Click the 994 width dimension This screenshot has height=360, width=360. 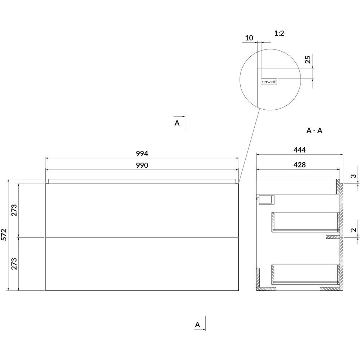tap(142, 154)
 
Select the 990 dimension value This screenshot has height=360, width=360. tap(142, 165)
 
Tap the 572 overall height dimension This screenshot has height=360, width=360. tap(4, 234)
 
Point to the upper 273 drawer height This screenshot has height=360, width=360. tap(14, 210)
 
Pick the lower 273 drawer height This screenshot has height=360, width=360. tap(14, 264)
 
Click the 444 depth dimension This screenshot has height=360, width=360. tap(300, 150)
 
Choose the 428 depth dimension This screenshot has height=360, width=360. tap(300, 164)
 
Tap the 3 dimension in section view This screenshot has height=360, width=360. tap(354, 176)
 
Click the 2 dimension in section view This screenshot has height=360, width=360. tap(354, 229)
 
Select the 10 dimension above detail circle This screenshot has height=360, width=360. tap(249, 38)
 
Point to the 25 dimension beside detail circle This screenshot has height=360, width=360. tap(308, 60)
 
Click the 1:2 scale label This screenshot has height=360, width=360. tap(279, 33)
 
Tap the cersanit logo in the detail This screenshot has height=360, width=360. tap(269, 82)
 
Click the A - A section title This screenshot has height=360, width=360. tap(314, 131)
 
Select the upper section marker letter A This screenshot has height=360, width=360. tap(177, 123)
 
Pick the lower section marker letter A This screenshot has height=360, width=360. tap(197, 325)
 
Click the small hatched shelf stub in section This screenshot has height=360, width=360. tap(333, 237)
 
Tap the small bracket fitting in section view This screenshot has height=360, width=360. tap(265, 199)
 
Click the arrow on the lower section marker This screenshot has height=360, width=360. tap(200, 329)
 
